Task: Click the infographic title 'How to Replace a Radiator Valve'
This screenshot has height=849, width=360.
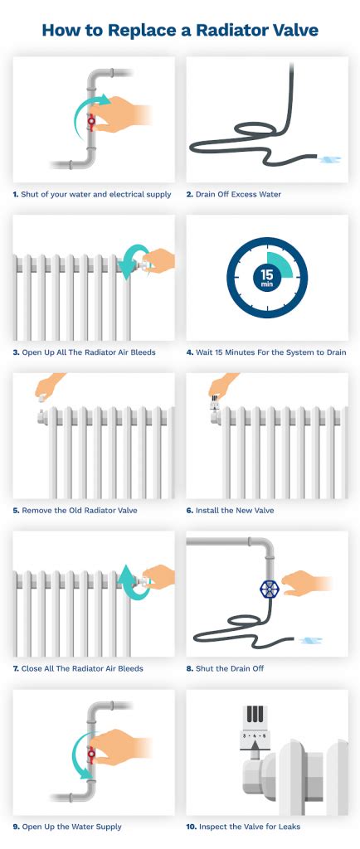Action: pos(180,31)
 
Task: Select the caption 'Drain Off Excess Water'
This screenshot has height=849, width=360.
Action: pos(238,195)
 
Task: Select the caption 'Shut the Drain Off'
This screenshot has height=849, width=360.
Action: pos(232,668)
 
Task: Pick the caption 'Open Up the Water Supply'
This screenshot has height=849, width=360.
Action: pos(72,827)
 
